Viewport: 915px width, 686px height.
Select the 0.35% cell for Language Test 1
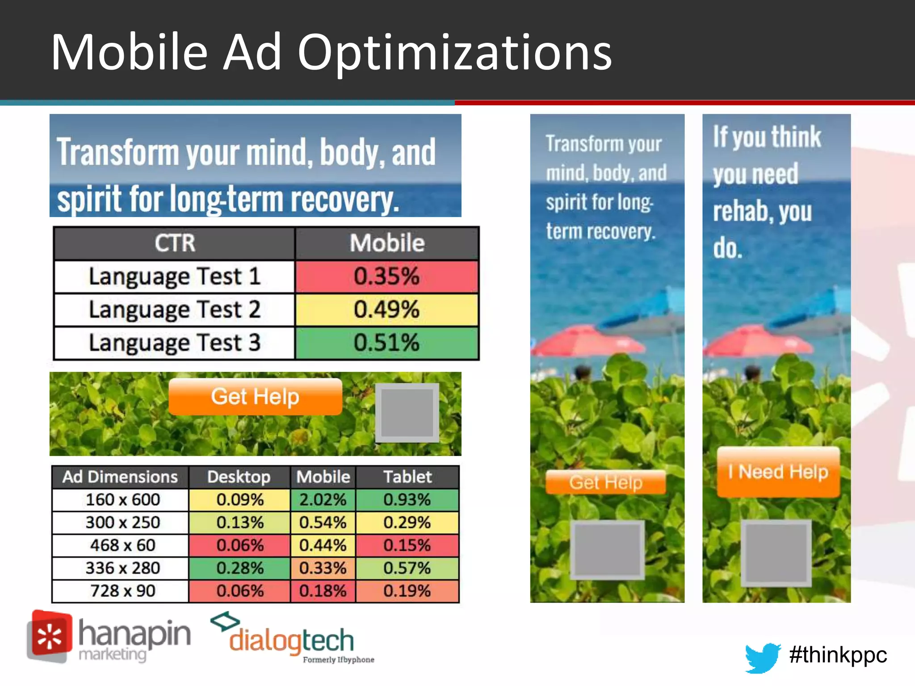coord(386,276)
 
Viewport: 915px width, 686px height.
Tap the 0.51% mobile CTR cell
coord(386,343)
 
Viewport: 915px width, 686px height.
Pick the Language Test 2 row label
coord(174,310)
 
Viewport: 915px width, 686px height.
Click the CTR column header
coord(175,243)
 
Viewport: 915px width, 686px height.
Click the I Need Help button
coord(778,472)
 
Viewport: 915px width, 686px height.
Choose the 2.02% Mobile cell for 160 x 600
coord(323,500)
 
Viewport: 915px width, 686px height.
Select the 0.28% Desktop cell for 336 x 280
coord(240,568)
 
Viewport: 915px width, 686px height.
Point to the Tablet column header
coord(407,477)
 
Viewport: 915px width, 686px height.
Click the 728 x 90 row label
coord(122,591)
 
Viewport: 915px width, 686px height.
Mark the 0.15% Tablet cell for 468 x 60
coord(407,545)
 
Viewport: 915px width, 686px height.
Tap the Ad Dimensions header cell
coord(120,477)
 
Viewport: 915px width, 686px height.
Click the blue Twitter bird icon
coord(762,657)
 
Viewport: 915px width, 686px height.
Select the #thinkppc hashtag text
coord(838,655)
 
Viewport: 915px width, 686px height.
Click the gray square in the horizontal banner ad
coord(407,412)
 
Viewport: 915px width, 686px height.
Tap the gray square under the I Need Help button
coord(776,553)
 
